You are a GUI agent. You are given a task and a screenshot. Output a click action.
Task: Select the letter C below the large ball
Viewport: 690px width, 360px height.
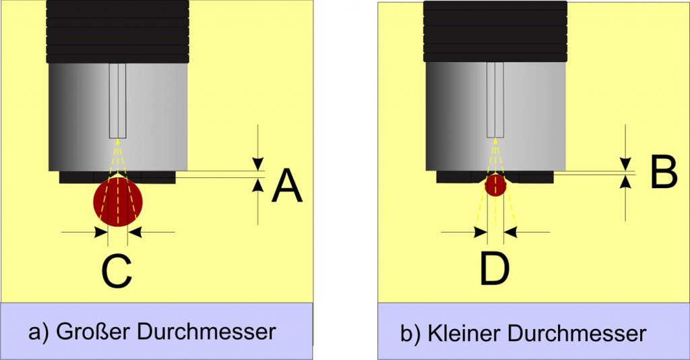117,272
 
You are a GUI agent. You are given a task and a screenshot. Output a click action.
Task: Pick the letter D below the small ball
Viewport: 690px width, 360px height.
495,268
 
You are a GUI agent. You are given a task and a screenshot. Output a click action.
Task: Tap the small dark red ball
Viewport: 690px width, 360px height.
495,185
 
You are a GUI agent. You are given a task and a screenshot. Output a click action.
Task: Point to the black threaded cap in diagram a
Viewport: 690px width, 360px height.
118,31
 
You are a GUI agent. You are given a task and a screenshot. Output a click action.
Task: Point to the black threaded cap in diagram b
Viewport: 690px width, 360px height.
495,31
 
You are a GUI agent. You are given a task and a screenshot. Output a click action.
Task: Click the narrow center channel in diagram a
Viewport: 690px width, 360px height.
118,101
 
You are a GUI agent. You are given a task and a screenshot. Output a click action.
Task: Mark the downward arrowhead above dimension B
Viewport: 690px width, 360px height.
626,163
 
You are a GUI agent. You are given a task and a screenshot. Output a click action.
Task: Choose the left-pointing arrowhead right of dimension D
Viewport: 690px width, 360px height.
510,232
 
